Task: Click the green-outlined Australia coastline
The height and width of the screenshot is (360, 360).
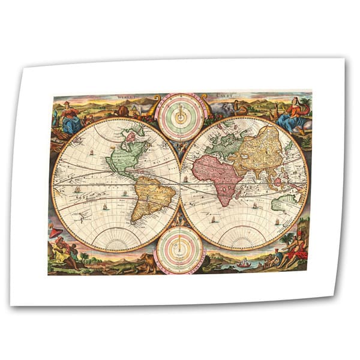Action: [x=285, y=203]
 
